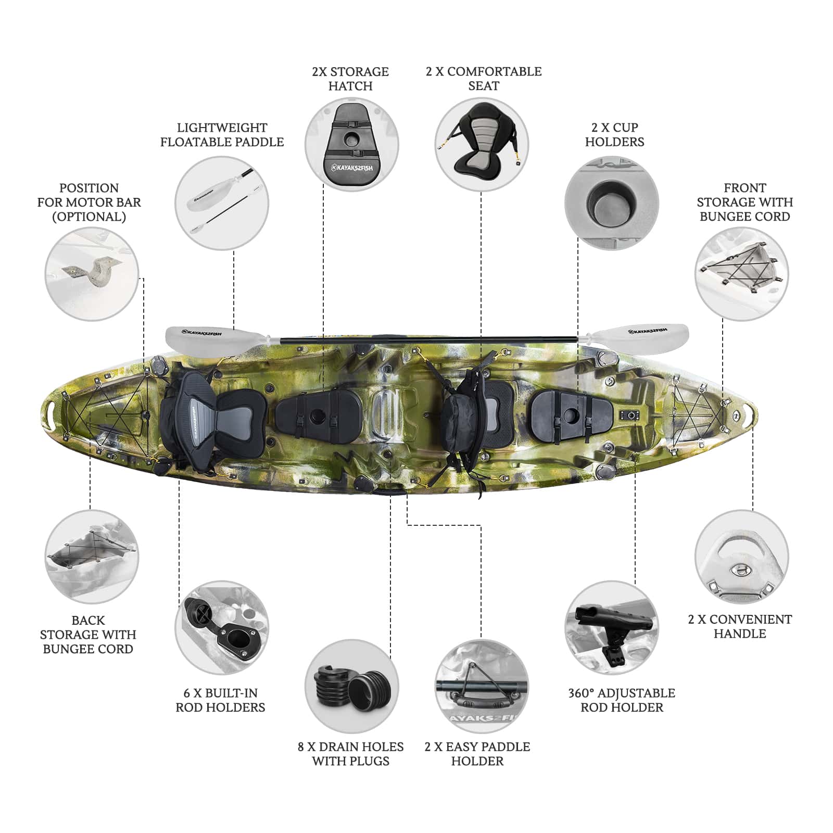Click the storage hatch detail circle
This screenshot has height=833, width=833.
tap(351, 144)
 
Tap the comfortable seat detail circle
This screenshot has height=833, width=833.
tap(482, 144)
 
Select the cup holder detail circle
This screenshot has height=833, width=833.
tap(612, 203)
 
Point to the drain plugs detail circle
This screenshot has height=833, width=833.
tap(351, 686)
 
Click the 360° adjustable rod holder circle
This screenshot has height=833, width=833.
tap(612, 628)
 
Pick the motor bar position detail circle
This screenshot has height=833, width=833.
tap(92, 274)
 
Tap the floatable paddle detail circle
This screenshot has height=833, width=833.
tap(222, 203)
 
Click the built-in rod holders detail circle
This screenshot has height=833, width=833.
tap(222, 628)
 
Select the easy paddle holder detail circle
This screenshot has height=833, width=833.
tap(482, 686)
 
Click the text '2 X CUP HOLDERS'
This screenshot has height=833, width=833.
tap(614, 134)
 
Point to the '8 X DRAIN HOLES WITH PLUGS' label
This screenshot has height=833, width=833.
tap(350, 753)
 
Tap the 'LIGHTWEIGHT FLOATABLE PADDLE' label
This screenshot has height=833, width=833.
tap(222, 134)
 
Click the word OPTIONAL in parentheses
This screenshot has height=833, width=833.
tap(89, 217)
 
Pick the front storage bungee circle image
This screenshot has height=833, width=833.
tap(742, 274)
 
